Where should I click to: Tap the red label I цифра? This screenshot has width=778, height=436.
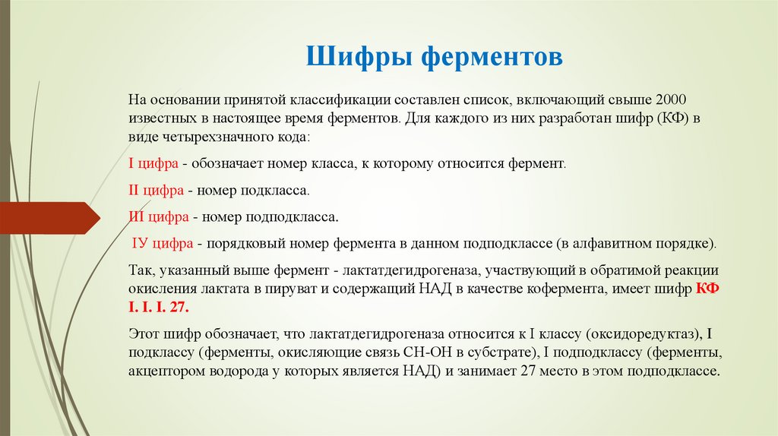point(153,163)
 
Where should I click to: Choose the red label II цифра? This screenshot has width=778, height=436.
point(156,191)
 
